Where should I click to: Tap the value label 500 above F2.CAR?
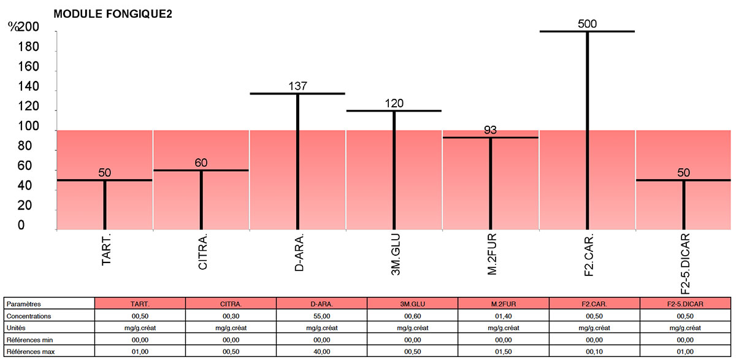click(587, 24)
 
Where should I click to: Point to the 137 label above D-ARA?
click(297, 86)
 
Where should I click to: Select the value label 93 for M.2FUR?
click(490, 130)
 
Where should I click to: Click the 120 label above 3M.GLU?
click(394, 103)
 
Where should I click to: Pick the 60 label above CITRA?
click(201, 163)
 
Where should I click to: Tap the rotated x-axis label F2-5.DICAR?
click(685, 264)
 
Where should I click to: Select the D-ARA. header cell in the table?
click(322, 304)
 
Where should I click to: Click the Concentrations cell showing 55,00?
click(322, 316)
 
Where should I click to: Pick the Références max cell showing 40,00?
click(322, 352)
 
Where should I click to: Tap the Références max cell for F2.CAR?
click(594, 352)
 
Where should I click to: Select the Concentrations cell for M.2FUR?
click(503, 316)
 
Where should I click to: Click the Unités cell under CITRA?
click(231, 328)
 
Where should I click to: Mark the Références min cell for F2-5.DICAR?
click(684, 340)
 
